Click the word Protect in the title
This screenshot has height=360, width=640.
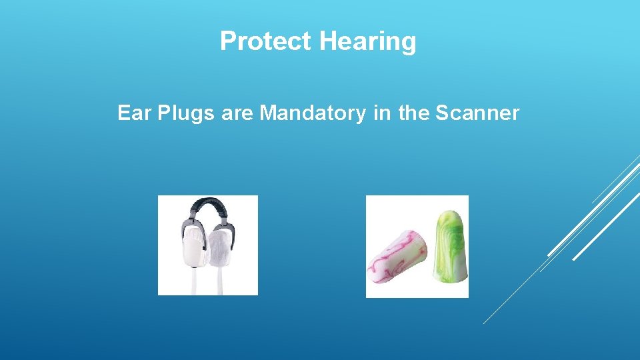tap(265, 41)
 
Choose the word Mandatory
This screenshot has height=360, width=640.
tap(313, 114)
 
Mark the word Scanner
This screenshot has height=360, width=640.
tap(477, 114)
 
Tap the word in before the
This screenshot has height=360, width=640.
tap(382, 113)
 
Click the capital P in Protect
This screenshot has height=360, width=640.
tap(228, 41)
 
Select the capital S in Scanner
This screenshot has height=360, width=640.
tap(443, 114)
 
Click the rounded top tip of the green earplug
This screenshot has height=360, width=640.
tap(445, 215)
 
